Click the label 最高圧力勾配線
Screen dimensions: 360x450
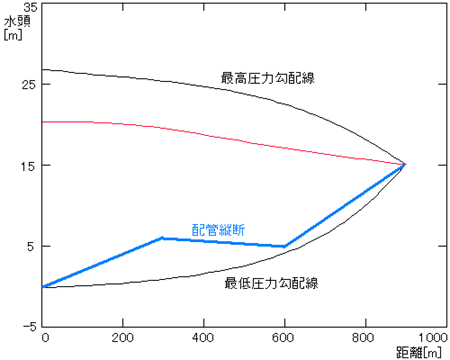tap(268, 77)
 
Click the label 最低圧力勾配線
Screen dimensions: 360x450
tap(270, 283)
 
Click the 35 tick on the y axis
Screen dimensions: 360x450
tap(30, 6)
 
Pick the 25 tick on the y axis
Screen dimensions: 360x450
tap(30, 84)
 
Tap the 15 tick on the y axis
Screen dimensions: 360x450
tap(30, 165)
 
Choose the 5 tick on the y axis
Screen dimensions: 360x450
tap(33, 246)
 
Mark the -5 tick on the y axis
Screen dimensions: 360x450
tap(30, 326)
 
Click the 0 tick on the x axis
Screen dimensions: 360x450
tap(44, 338)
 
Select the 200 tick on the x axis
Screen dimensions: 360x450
tap(124, 338)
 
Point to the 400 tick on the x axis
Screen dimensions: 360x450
tap(204, 338)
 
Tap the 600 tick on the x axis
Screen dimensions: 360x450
tap(285, 338)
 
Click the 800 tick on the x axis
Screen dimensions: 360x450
tap(365, 338)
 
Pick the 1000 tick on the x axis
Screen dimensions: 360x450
tap(432, 338)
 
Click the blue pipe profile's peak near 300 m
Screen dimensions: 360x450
tap(162, 238)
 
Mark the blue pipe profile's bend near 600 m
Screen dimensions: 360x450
tap(285, 246)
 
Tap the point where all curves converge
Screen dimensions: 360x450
tap(405, 164)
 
